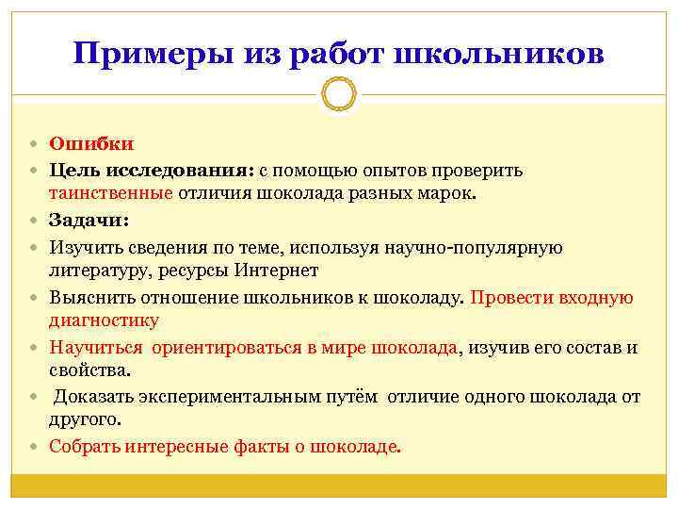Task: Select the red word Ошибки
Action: [91, 144]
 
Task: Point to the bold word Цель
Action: [72, 171]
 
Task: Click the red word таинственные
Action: [111, 194]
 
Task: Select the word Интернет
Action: [282, 271]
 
